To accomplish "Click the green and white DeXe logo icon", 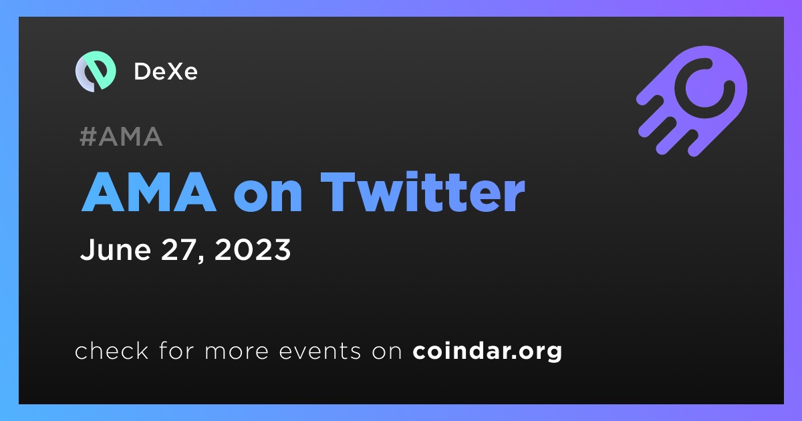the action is (96, 72).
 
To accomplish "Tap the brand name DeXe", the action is (166, 72).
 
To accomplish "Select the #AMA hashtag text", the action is (121, 136).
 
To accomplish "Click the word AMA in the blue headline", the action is (149, 192).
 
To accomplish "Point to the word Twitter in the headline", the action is (423, 192).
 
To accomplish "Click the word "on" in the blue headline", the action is (268, 197).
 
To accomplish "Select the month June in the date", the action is (116, 249).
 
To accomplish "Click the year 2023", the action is (253, 249).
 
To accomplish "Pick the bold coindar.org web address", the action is (487, 352).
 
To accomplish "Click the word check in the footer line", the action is (112, 350).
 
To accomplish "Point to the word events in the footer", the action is (320, 352).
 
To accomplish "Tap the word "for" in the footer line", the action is (176, 350).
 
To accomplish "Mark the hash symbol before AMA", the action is (88, 136).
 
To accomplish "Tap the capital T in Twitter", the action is (343, 192).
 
